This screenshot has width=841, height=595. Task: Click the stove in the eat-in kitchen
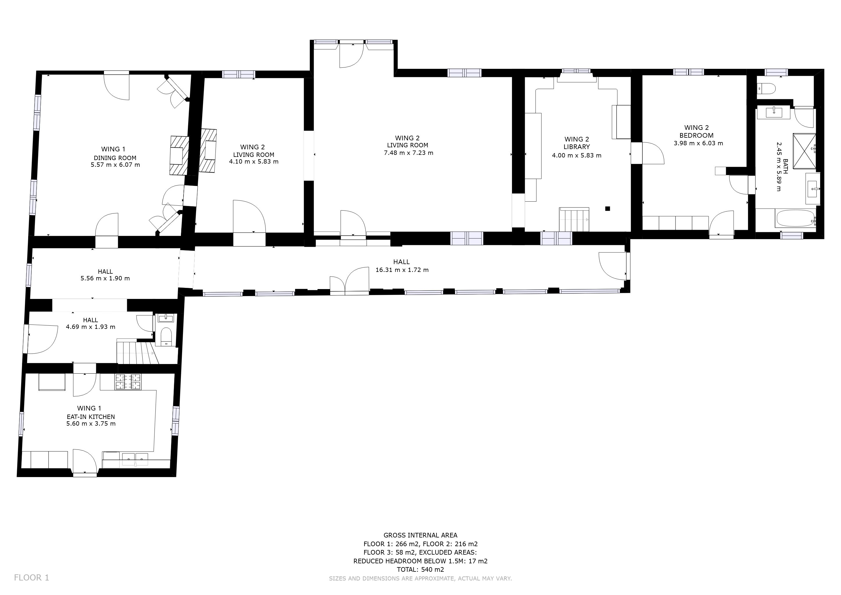[x=128, y=381]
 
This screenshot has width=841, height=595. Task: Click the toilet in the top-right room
[x=767, y=88]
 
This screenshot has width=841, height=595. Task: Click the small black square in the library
[x=608, y=209]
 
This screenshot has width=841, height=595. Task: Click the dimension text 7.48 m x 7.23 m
[x=408, y=153]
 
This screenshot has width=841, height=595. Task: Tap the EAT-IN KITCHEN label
[x=91, y=417]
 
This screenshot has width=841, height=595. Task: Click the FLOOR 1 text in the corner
[x=31, y=577]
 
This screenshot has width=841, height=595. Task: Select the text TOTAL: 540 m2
[x=420, y=569]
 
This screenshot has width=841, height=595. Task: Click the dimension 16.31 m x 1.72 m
[x=402, y=270]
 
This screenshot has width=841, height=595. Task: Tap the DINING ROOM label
[x=115, y=158]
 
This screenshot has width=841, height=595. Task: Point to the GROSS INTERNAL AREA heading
[x=420, y=535]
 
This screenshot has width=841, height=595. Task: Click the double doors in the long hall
[x=349, y=281]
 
